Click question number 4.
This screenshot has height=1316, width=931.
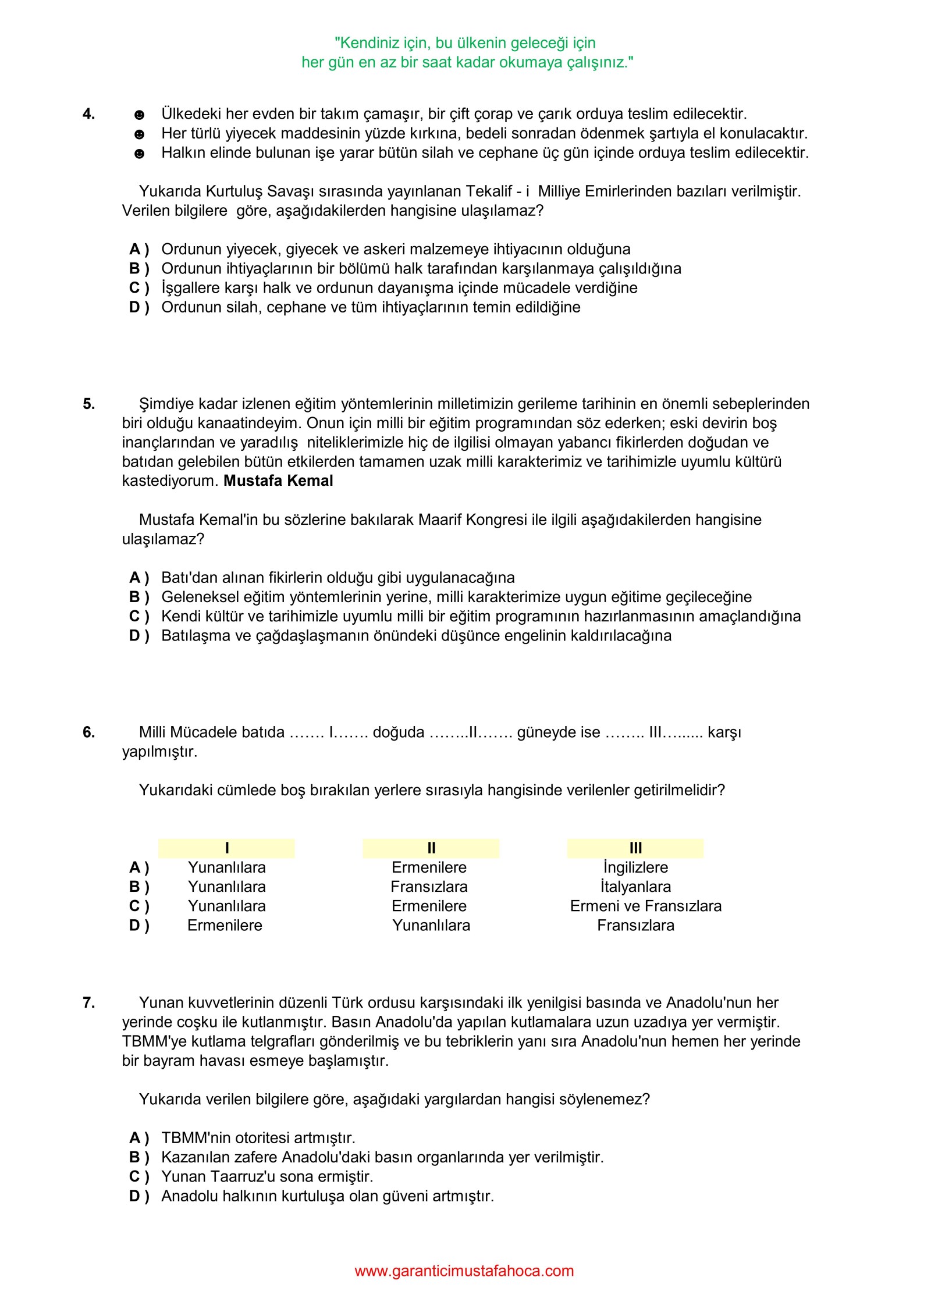pos(88,114)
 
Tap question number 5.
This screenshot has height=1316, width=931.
pos(88,404)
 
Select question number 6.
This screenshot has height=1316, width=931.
pos(88,732)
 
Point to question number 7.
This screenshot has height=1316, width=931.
pos(88,1002)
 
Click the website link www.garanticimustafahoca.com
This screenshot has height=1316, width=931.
pos(464,1270)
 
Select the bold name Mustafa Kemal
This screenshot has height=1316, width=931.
pos(278,481)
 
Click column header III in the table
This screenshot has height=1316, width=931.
pos(635,848)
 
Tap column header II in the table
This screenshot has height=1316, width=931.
pos(431,848)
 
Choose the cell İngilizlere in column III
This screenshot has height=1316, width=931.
pos(635,867)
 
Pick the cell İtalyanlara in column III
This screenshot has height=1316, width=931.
pos(635,887)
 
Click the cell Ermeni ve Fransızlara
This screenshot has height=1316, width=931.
pos(645,906)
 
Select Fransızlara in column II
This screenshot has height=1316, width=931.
pos(429,887)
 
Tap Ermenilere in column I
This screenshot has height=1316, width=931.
pos(225,925)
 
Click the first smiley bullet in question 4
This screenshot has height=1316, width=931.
pos(139,115)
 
